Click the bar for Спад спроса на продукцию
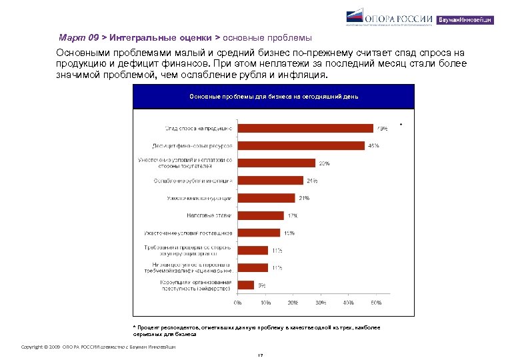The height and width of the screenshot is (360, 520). point(305,128)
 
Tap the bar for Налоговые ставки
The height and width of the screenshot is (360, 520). point(261,215)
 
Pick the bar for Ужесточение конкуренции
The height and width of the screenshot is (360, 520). point(266,198)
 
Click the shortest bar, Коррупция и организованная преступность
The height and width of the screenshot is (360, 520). point(245,285)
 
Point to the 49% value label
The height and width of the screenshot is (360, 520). point(383,128)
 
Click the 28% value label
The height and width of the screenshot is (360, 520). point(324,163)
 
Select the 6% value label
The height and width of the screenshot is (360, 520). point(262,285)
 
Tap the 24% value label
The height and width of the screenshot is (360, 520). point(312,181)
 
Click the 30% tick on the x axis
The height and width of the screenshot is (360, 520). point(321,303)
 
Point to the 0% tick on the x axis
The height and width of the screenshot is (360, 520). point(237,303)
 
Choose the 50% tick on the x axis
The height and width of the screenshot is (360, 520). point(376,303)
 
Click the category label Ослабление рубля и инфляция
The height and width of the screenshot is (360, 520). point(193,181)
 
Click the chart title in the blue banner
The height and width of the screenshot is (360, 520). point(273,97)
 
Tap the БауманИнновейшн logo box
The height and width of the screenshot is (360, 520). point(465,20)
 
